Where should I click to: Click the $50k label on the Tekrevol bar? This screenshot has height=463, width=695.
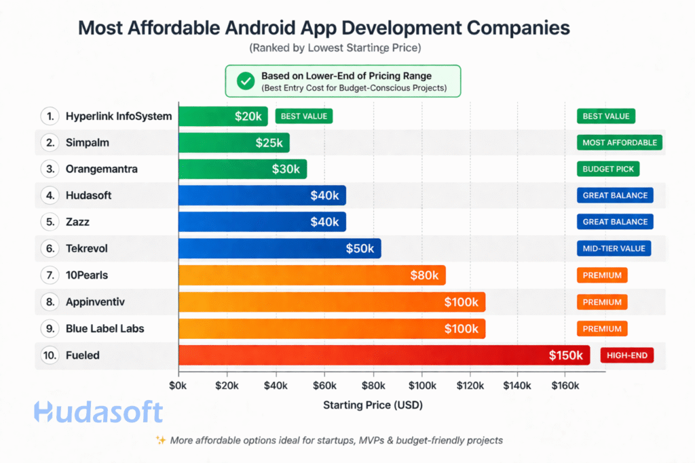pos(360,249)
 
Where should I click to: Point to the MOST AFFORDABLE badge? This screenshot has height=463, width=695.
pos(619,142)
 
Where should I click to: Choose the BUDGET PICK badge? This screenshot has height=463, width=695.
pos(607,169)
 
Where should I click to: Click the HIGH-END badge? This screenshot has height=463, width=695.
pos(626,355)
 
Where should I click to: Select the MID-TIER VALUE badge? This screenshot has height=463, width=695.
pos(613,249)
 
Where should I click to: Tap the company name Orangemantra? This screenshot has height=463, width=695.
pos(101,169)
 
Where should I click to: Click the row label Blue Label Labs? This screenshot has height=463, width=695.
pos(105,329)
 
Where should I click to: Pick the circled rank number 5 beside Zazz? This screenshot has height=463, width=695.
pos(50,222)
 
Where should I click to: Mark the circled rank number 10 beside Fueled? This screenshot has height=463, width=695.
pos(50,355)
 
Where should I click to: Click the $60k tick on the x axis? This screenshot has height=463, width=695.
pos(324,386)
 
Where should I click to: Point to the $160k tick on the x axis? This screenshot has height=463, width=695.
pos(565,386)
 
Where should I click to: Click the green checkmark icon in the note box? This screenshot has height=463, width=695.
pos(244,81)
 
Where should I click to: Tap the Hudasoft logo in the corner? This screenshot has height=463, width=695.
pos(98,412)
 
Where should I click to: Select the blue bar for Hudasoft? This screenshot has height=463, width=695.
pos(262,195)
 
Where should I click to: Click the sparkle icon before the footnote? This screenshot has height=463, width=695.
pos(161,440)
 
